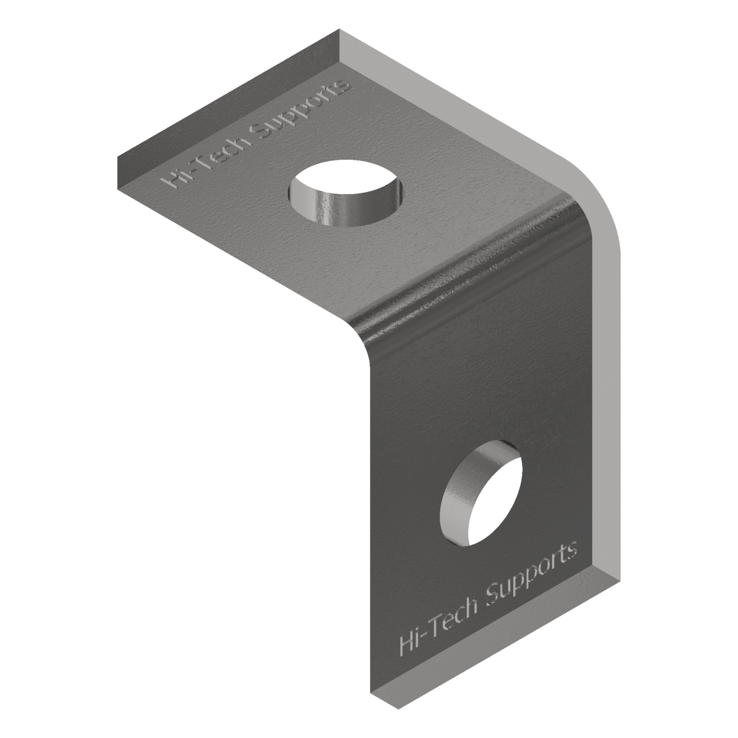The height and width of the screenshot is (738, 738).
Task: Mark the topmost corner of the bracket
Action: (340, 29)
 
